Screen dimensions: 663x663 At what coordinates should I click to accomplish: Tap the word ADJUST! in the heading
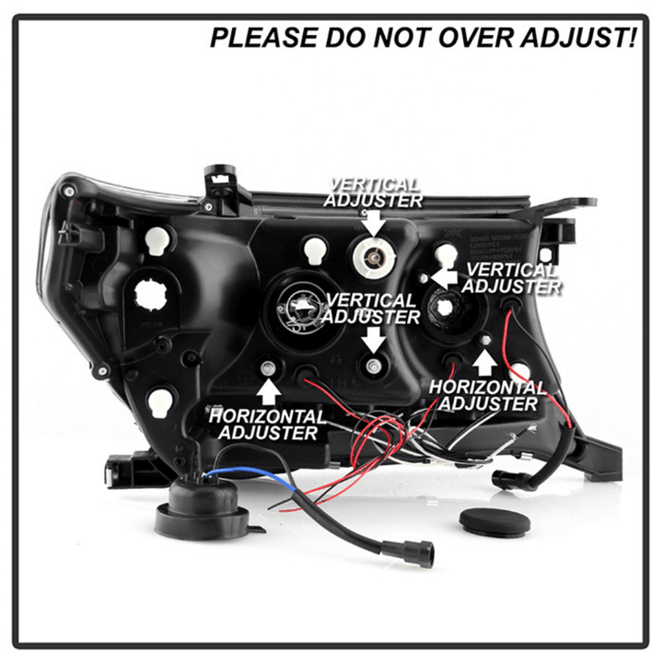(578, 37)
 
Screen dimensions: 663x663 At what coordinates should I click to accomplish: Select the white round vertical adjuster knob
(374, 256)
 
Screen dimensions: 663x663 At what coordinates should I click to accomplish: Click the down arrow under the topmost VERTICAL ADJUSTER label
(374, 223)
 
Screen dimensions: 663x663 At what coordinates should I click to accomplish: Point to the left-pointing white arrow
(443, 278)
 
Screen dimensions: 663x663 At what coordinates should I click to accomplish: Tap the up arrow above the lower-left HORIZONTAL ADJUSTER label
(269, 392)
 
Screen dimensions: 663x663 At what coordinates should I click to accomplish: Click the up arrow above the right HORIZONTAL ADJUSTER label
(484, 363)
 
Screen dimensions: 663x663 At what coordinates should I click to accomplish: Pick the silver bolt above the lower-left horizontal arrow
(268, 368)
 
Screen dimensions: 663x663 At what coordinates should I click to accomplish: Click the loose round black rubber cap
(494, 520)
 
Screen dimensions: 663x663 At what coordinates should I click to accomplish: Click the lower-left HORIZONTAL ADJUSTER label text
(268, 425)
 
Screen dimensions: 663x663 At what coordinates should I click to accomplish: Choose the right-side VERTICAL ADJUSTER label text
(511, 278)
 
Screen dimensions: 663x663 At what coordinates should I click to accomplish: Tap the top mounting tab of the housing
(221, 182)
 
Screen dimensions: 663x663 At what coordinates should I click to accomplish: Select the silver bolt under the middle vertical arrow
(374, 366)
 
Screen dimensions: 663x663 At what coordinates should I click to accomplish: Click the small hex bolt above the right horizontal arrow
(485, 340)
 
